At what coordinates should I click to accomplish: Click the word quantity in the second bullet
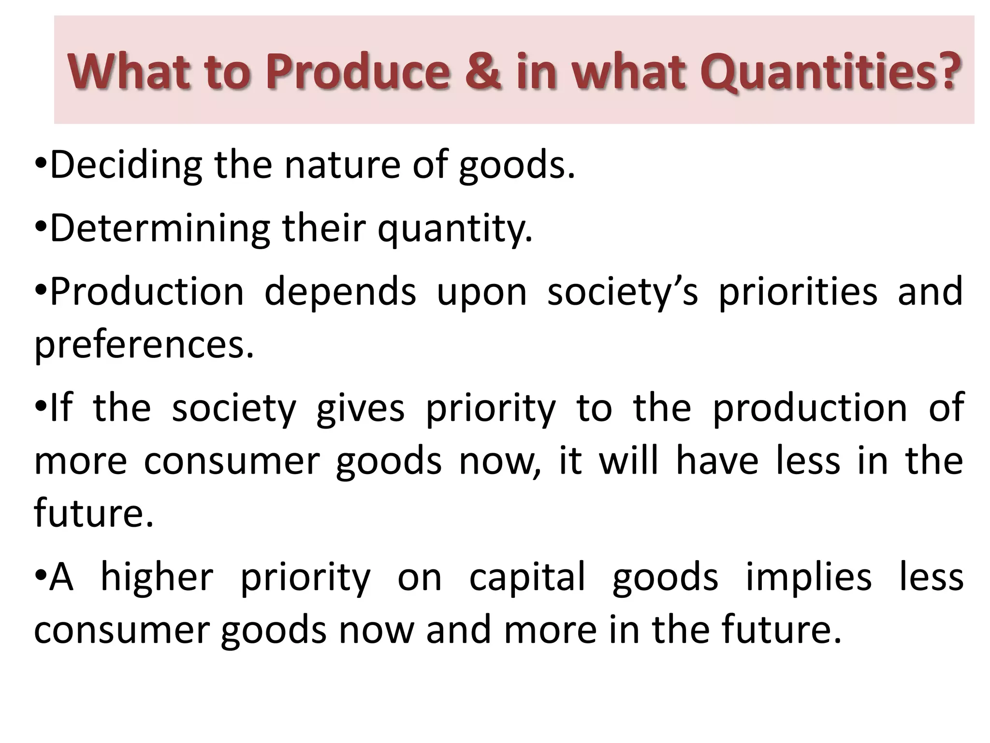tap(454, 229)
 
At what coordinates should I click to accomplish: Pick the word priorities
tap(798, 292)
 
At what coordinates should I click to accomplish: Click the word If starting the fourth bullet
tap(61, 407)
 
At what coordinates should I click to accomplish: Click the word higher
tap(157, 578)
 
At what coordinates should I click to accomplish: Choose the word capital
tap(527, 578)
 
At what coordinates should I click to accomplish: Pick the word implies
tap(808, 578)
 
